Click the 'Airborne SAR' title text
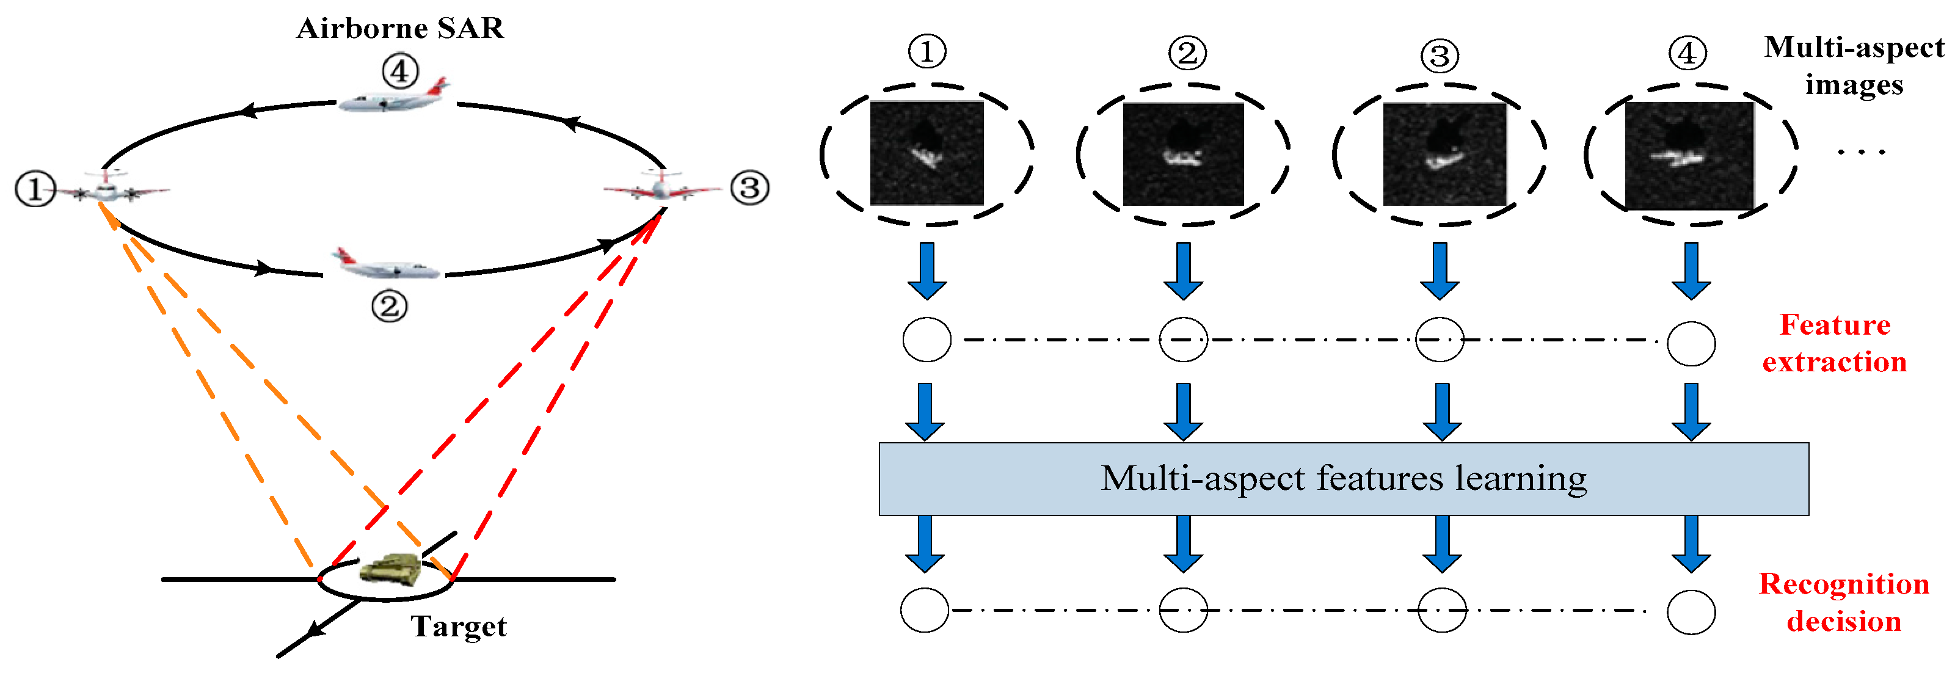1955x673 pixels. click(x=400, y=29)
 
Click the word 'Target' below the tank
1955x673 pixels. click(x=459, y=627)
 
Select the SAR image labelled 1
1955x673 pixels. click(x=926, y=153)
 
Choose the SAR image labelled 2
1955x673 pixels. click(x=1182, y=154)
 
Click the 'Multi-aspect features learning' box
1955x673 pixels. click(x=1343, y=479)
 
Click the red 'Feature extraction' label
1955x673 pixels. click(x=1833, y=344)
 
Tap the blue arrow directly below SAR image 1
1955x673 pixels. click(x=927, y=272)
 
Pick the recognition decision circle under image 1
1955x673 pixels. click(x=925, y=610)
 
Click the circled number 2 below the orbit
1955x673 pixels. click(x=389, y=307)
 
